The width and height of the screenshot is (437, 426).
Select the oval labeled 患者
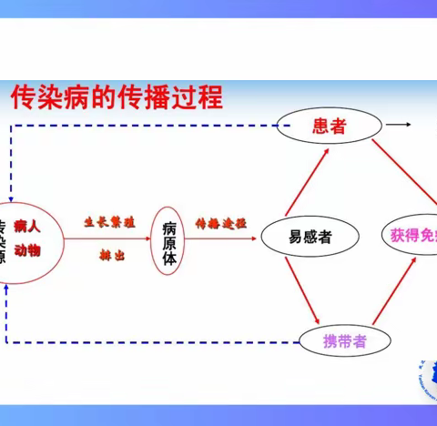328,127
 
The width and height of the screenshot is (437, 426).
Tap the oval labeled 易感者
310,237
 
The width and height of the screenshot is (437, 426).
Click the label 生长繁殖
109,221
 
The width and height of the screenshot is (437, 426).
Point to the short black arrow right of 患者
397,124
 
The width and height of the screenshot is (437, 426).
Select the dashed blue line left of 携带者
155,342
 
